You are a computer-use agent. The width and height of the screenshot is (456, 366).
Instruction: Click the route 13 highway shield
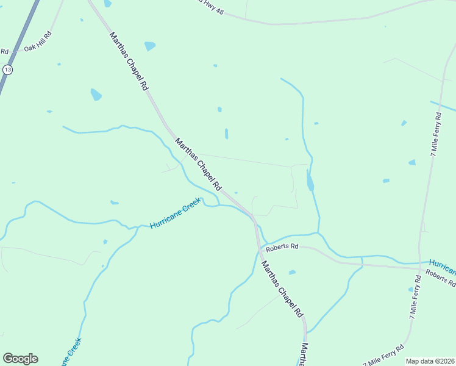click(x=7, y=70)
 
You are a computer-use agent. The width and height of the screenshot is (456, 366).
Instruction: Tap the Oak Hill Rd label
click(x=38, y=48)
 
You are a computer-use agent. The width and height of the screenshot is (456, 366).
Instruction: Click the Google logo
click(x=20, y=359)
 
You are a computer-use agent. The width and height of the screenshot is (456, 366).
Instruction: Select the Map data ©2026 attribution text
click(x=430, y=361)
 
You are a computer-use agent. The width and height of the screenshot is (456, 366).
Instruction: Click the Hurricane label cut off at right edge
click(x=442, y=266)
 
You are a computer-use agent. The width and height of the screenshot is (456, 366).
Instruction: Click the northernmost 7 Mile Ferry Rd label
click(x=436, y=135)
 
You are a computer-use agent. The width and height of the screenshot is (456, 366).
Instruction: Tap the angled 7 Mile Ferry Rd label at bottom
click(x=383, y=355)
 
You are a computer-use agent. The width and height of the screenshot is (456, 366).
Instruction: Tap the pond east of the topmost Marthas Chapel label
click(x=150, y=46)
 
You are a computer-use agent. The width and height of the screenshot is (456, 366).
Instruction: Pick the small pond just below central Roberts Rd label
click(x=292, y=272)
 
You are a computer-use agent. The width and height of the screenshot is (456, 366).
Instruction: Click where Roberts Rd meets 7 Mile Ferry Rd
click(x=419, y=267)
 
